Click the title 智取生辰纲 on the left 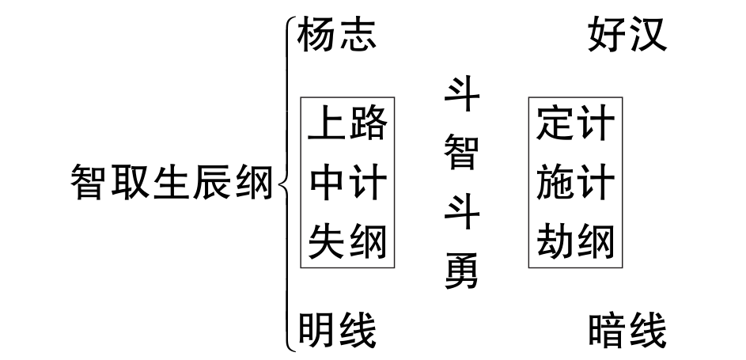coord(171,183)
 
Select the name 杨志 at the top coord(336,36)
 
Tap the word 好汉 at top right coord(627,36)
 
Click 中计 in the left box coord(348,183)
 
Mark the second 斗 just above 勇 coord(461,212)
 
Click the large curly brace coord(285,183)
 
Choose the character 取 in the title coord(131,183)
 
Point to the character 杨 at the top coord(316,36)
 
